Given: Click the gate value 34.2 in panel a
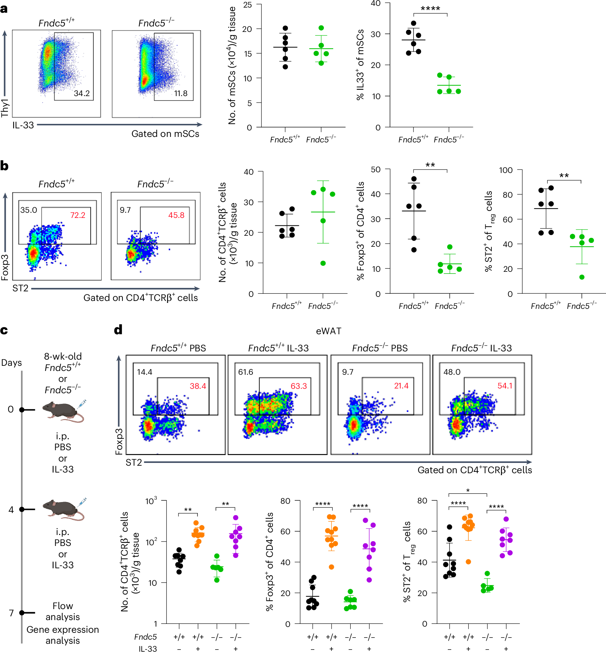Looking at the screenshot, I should (82, 93).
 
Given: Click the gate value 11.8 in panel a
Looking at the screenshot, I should (181, 93).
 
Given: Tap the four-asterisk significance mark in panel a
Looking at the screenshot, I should (430, 9).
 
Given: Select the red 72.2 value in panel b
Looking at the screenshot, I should (78, 215).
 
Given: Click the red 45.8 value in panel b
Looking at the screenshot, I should (176, 215).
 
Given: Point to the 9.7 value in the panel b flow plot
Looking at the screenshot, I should (125, 210).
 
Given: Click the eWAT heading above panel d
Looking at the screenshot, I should (328, 331).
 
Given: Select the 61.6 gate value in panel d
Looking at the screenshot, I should (246, 372).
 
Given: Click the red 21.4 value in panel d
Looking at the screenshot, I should (401, 386).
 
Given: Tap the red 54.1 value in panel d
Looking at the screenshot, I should (505, 386).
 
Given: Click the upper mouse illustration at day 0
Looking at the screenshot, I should (63, 411).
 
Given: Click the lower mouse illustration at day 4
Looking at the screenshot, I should (63, 509).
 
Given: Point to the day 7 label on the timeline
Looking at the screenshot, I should (11, 613).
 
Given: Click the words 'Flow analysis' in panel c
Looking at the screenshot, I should (62, 611).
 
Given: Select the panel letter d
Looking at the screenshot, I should (118, 330).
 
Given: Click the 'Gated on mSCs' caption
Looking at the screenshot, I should (165, 134).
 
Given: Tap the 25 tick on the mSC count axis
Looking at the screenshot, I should (247, 5).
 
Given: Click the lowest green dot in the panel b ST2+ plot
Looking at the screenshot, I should (582, 277).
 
